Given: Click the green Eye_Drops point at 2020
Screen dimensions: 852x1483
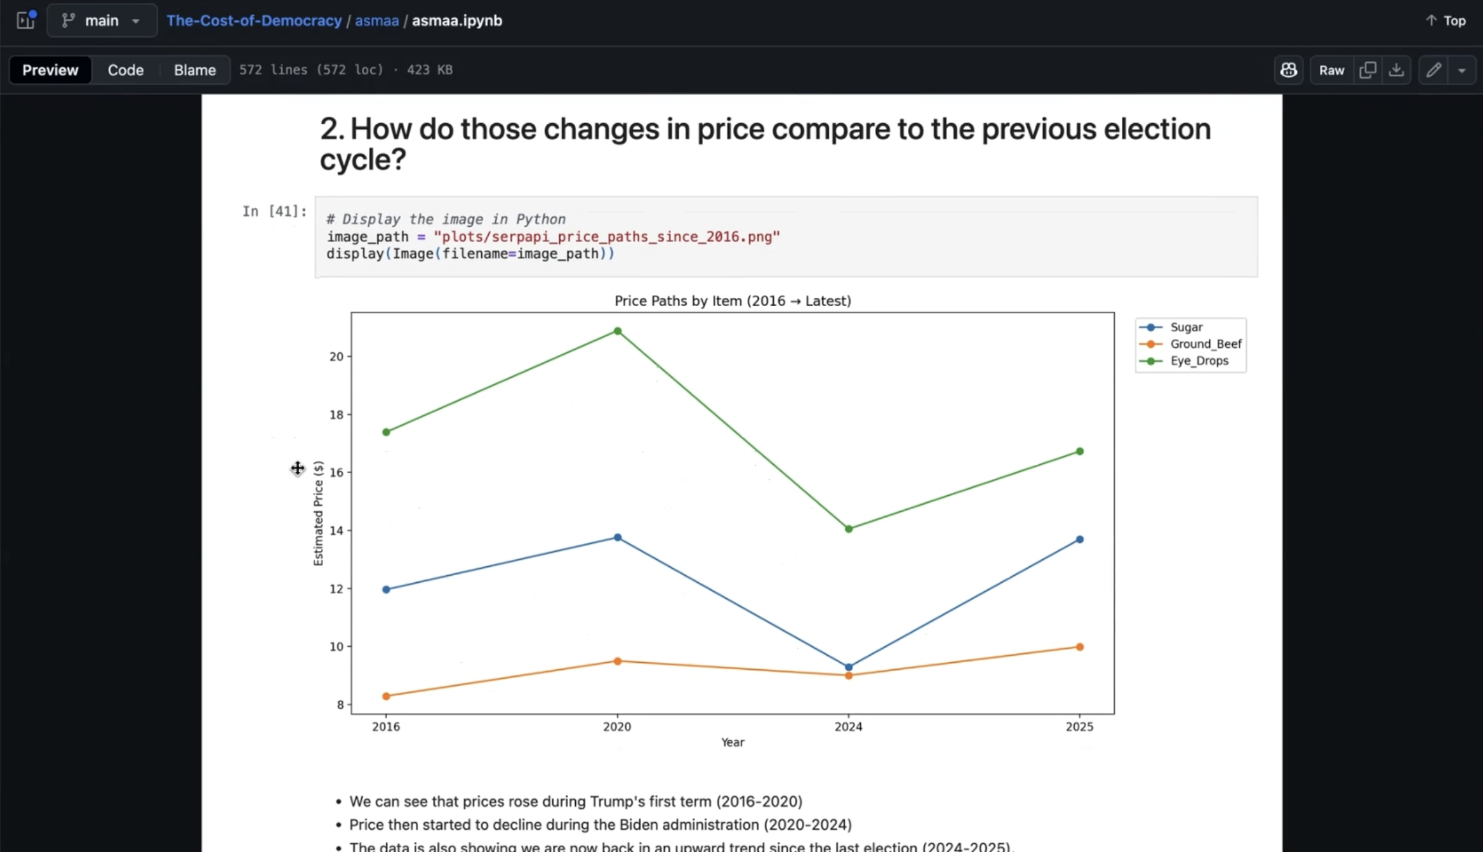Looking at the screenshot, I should [617, 331].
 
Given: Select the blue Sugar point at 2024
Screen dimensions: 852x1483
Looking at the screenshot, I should [849, 667].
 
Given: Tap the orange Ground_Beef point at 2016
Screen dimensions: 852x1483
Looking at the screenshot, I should [386, 696].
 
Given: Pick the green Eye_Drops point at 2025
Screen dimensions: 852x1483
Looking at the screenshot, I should [1080, 451].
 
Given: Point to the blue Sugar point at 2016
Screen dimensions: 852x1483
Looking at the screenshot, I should [386, 589].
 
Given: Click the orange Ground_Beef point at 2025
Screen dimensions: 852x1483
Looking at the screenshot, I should [1080, 647].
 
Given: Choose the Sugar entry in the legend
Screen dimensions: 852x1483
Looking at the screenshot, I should [1186, 327].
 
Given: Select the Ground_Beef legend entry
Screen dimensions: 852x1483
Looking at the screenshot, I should [1205, 343].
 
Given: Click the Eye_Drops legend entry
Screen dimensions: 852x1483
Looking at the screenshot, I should [1199, 361].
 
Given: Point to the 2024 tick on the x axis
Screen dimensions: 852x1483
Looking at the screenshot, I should [848, 726].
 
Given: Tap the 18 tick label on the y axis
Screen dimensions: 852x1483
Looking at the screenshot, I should [336, 415].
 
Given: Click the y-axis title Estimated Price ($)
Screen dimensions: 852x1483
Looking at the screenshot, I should [318, 513].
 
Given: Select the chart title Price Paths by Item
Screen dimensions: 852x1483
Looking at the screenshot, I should [733, 301].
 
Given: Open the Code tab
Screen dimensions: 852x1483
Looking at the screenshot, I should [126, 70].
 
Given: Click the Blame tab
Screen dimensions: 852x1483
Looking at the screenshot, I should [195, 70].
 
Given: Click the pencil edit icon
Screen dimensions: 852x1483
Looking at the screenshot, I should [1433, 70].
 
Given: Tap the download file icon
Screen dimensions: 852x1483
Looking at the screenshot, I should [1396, 70].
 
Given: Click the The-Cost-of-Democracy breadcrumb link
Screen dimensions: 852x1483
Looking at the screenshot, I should [254, 20].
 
